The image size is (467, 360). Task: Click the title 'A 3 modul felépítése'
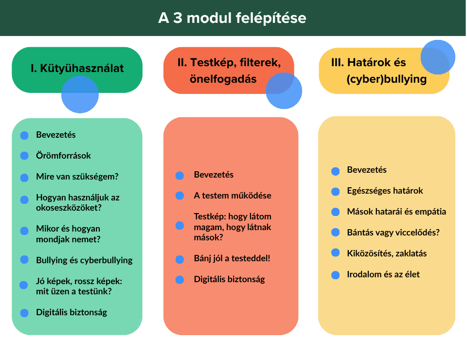[233, 18]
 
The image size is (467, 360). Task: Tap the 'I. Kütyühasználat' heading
[77, 68]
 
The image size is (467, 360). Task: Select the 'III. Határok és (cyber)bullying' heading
[379, 71]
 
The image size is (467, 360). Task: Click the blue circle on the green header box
[80, 95]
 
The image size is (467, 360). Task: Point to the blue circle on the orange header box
[284, 91]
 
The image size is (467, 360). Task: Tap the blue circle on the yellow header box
[438, 57]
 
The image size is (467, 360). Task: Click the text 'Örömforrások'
[63, 156]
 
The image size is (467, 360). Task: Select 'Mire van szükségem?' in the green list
[77, 177]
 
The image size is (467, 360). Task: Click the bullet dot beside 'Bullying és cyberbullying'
[24, 260]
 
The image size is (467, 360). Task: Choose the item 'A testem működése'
[233, 196]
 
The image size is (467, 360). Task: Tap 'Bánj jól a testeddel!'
[232, 258]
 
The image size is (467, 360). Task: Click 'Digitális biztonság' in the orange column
[229, 279]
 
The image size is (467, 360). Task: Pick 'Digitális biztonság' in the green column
[72, 312]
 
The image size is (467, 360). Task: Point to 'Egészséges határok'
[385, 191]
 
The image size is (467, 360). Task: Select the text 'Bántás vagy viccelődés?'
[393, 232]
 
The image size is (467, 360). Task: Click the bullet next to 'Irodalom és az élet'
[335, 275]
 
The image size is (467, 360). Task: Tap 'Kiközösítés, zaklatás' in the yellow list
[387, 253]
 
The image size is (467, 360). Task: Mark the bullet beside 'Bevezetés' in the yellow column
[335, 171]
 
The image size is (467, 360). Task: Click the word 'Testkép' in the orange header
[210, 63]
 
